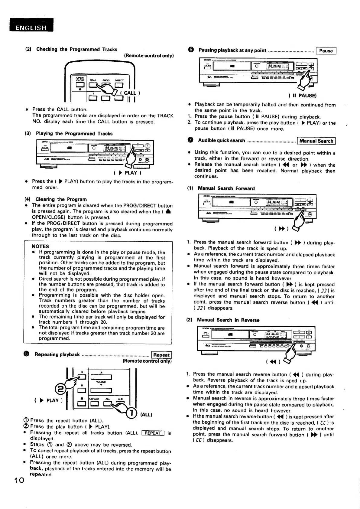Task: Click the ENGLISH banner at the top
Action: pos(31,28)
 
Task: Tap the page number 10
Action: pos(19,480)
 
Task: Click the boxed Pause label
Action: pos(326,51)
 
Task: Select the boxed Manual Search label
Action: pos(316,141)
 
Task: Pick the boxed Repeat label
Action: pos(161,355)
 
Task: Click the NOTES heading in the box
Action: pos(40,246)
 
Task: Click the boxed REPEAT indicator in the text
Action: pos(153,433)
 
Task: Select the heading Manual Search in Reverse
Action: pos(228,320)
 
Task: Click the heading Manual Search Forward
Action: pos(226,188)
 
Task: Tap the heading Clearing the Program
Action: pos(61,199)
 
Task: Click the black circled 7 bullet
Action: pos(190,140)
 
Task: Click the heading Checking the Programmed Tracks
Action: pos(77,49)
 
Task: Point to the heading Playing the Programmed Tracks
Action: pos(74,133)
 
